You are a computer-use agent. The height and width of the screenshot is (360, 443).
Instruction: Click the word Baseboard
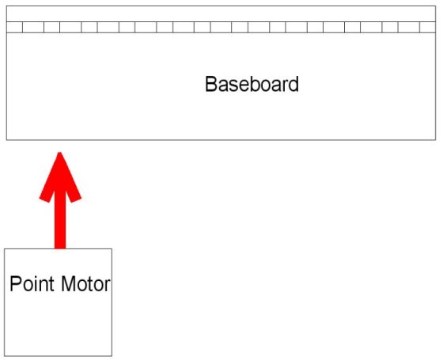[x=252, y=84]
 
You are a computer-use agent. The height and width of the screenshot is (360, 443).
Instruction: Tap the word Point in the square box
[x=32, y=284]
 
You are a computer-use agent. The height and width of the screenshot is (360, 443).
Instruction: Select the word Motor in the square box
[x=85, y=284]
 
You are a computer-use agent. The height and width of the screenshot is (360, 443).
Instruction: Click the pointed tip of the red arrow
[x=59, y=153]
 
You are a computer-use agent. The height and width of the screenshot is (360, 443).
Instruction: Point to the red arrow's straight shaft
[x=60, y=219]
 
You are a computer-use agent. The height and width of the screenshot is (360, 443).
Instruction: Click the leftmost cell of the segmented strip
[x=14, y=28]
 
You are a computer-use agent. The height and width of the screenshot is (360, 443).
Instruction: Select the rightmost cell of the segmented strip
[x=428, y=28]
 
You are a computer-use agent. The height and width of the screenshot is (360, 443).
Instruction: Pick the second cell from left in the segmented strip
[x=33, y=28]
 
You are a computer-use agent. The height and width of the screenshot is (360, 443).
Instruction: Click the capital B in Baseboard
[x=210, y=84]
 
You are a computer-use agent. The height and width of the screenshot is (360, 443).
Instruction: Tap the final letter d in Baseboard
[x=293, y=84]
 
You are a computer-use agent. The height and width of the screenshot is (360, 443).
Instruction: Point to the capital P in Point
[x=16, y=284]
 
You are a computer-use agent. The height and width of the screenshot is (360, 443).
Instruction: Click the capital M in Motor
[x=68, y=284]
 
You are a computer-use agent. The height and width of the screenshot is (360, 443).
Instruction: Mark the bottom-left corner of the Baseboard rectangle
[x=6, y=139]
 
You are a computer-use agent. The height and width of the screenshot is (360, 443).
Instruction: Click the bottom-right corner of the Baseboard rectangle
[x=436, y=139]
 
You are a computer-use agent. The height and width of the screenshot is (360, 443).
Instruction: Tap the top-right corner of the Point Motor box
[x=112, y=249]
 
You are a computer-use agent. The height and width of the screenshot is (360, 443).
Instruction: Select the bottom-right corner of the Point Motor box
[x=112, y=356]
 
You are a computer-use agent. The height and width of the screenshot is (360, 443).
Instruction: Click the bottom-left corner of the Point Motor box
[x=4, y=356]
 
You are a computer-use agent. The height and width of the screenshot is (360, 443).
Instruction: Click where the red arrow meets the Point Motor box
[x=60, y=249]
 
